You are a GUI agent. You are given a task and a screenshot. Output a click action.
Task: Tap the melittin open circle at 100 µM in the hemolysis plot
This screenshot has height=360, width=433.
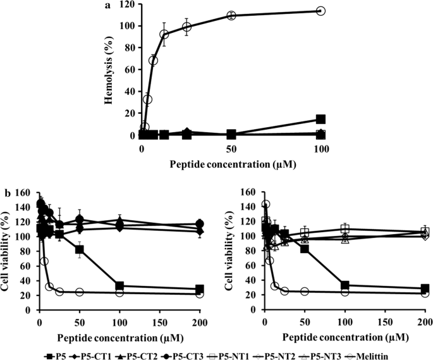coord(320,11)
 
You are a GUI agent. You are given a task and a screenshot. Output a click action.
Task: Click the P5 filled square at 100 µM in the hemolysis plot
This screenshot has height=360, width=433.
coord(320,119)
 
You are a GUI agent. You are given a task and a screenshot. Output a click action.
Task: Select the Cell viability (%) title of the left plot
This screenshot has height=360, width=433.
coord(8,251)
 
